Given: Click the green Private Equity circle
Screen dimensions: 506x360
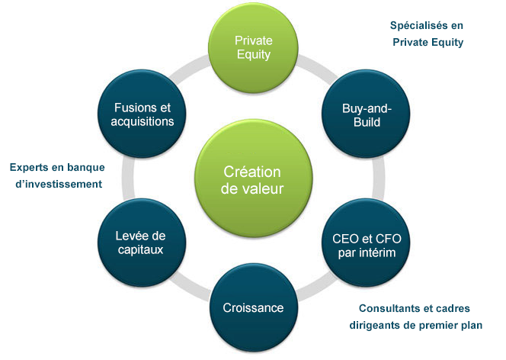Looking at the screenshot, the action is click(x=253, y=48).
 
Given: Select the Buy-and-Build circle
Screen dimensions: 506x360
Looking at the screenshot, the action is click(x=366, y=114).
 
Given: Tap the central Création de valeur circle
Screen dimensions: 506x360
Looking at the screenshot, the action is click(x=253, y=178).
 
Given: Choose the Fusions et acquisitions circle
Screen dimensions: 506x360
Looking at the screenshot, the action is click(x=142, y=114).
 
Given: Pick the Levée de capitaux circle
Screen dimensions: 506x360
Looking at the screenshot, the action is click(x=142, y=243).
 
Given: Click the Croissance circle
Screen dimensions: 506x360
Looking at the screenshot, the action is click(x=253, y=307).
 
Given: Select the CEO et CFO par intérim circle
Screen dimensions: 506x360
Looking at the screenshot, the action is click(x=366, y=243).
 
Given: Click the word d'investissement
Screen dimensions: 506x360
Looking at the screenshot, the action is click(x=59, y=184).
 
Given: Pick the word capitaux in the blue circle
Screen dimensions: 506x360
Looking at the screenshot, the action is click(x=141, y=249).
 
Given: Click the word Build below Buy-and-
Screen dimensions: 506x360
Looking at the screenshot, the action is click(x=367, y=122).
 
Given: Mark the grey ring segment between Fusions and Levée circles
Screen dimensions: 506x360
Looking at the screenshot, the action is click(x=128, y=178).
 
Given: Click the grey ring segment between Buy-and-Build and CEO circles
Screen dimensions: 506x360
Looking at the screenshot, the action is click(x=379, y=178).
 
